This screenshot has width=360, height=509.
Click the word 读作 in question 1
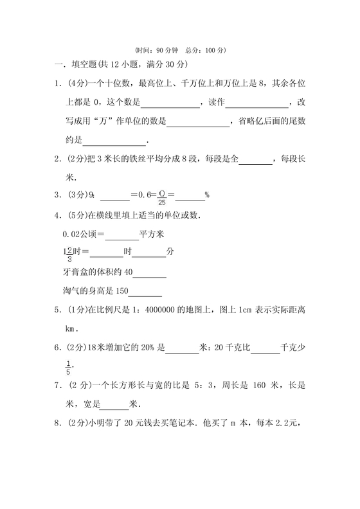point(212,103)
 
